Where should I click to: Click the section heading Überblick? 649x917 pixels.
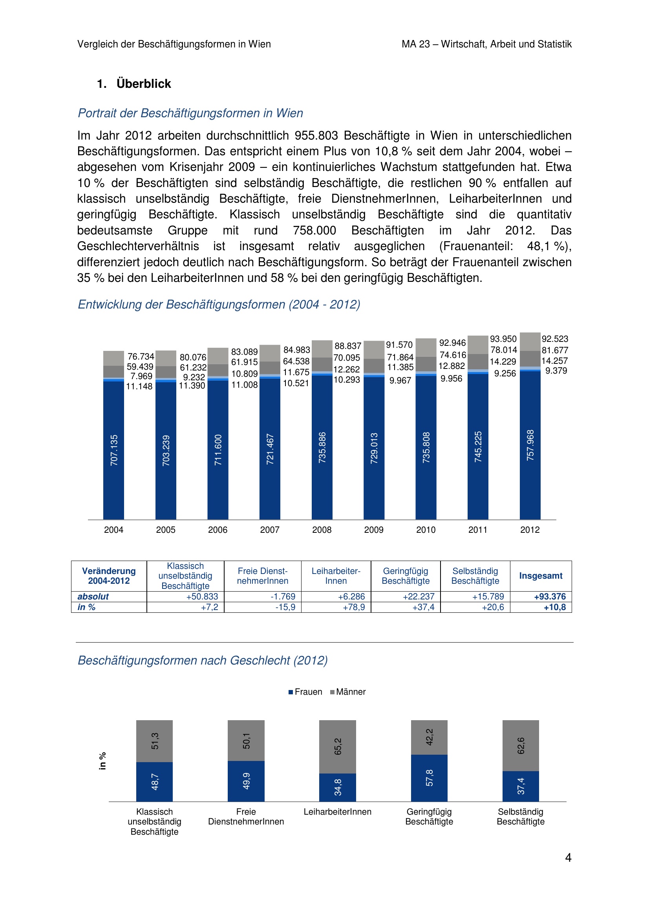[x=144, y=84]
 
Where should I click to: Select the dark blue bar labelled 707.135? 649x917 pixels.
[x=113, y=450]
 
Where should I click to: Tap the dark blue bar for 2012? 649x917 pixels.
[x=530, y=445]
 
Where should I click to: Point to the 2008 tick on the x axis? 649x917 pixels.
[x=322, y=530]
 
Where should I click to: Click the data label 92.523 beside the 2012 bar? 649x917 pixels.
[x=555, y=339]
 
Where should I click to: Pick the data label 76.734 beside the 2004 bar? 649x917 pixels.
[x=141, y=356]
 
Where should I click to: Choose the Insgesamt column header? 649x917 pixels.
[x=541, y=576]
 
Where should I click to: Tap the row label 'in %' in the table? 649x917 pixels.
[x=86, y=607]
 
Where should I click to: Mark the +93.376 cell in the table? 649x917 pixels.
[x=550, y=597]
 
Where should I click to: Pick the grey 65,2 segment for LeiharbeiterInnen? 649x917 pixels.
[x=338, y=746]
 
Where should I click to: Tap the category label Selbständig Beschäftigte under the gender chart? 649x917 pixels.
[x=520, y=816]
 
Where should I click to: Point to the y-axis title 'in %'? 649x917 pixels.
[x=103, y=761]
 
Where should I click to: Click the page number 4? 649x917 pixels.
[x=568, y=857]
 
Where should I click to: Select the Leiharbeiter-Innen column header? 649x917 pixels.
[x=336, y=576]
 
